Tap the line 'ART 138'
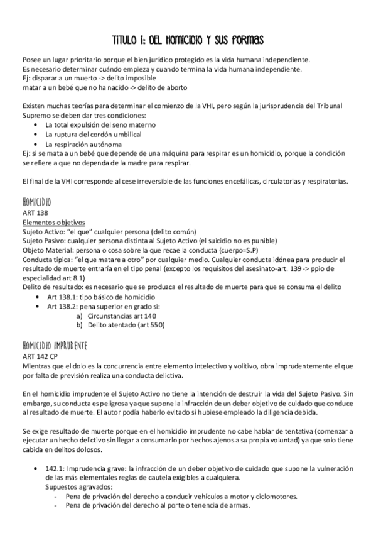point(35,213)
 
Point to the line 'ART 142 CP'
point(40,356)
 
